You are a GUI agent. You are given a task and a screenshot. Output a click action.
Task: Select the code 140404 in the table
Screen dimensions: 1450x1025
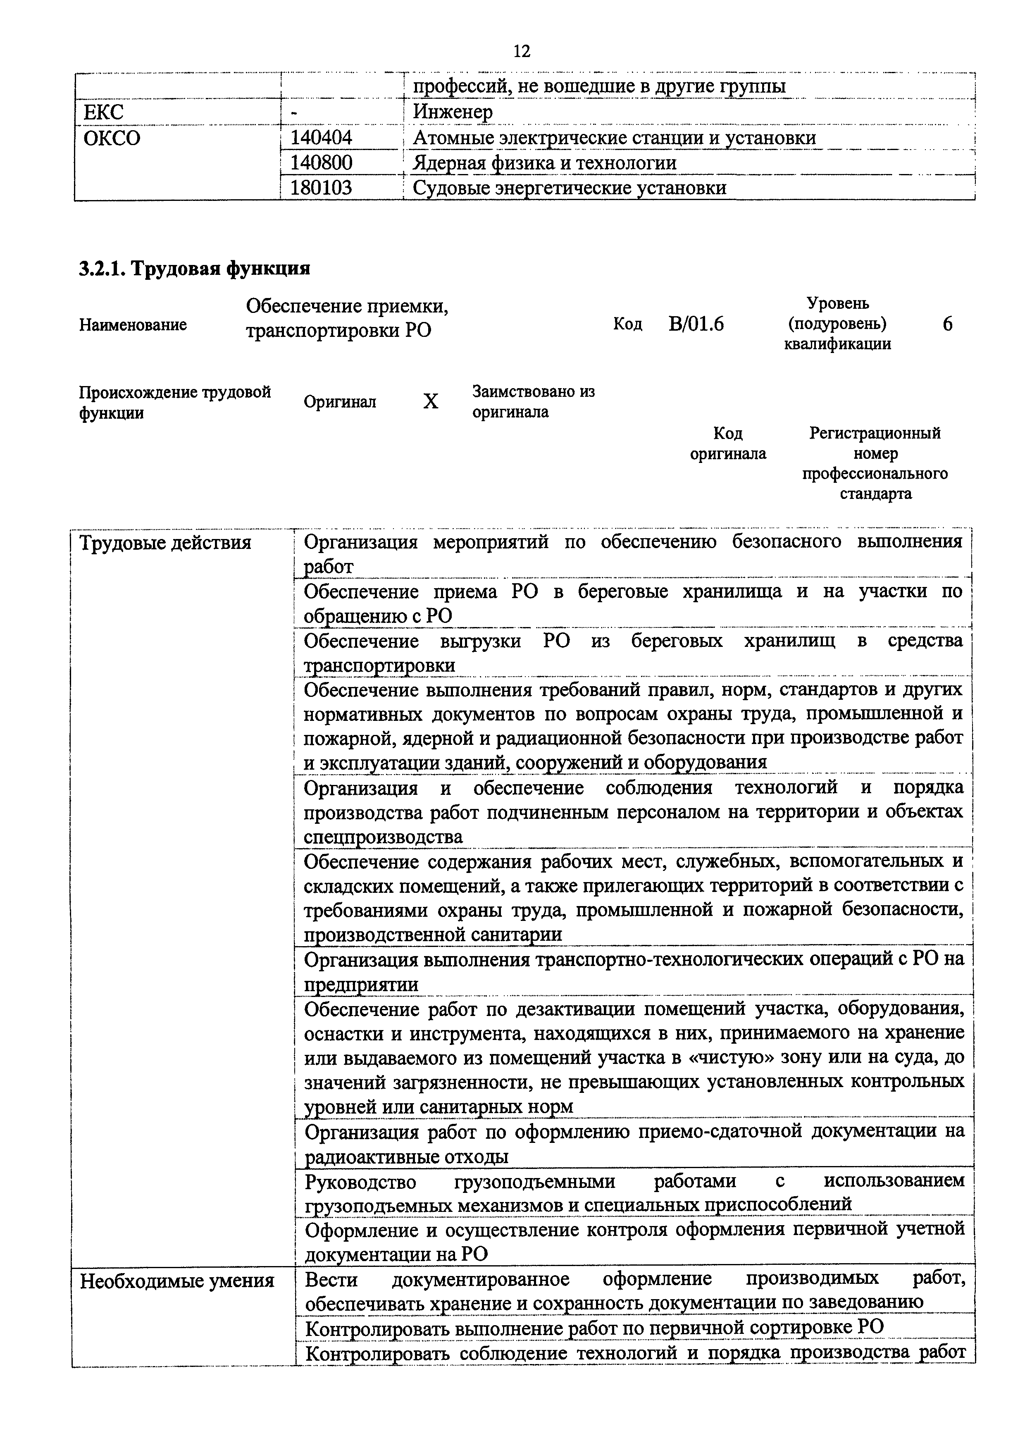click(x=321, y=138)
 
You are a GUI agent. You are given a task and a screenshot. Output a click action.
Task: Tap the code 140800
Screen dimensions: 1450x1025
click(x=321, y=163)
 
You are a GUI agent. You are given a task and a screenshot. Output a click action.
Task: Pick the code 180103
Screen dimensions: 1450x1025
click(x=321, y=188)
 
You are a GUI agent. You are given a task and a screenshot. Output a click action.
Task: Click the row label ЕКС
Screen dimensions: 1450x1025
click(x=104, y=112)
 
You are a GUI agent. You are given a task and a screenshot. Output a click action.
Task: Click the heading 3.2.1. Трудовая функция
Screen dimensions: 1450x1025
click(x=195, y=268)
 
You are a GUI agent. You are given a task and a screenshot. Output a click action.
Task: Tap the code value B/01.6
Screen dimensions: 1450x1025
click(x=696, y=324)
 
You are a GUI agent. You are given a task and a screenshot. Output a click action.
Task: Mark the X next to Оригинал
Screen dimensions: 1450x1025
click(x=430, y=401)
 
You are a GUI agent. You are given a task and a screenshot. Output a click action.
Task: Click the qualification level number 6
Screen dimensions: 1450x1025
click(x=947, y=324)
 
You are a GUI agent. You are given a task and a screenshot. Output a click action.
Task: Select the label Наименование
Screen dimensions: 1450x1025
click(x=133, y=324)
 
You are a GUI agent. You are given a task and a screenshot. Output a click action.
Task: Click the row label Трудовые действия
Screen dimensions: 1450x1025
click(x=165, y=542)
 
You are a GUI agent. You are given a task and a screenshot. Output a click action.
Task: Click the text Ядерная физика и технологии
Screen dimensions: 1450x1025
click(x=544, y=163)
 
